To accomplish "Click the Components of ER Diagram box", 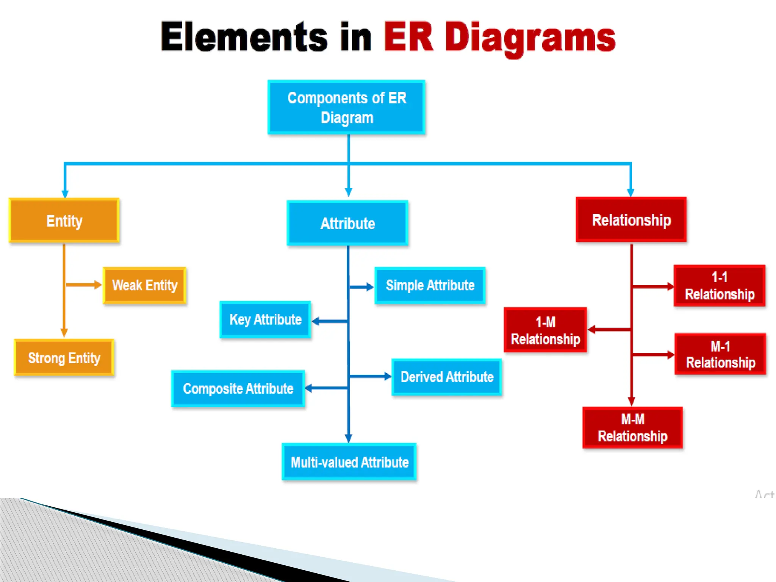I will point(346,107).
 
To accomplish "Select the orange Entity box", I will point(64,221).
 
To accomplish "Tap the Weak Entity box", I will point(145,285).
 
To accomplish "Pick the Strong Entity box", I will point(64,358).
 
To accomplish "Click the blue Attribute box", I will point(347,223).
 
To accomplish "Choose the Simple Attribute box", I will point(430,285).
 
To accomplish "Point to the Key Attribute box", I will point(265,319).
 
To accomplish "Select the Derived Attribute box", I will point(447,377).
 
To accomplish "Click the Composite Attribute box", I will point(238,388).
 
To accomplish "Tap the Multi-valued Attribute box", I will point(349,462).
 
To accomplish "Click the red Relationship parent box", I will point(631,220).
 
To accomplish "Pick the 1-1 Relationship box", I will point(720,286).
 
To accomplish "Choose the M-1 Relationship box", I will point(720,354).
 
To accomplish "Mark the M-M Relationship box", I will point(632,428).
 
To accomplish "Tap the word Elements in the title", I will point(244,37).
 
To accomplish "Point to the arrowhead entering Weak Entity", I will point(98,285).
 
